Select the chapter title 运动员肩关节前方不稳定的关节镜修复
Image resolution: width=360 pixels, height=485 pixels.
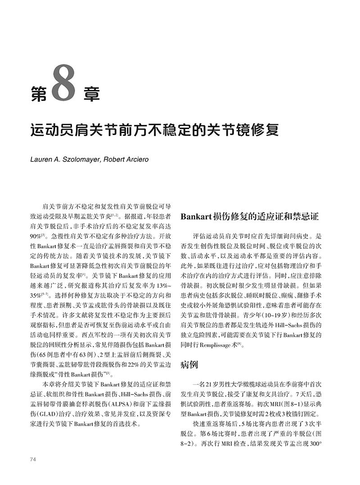point(154,129)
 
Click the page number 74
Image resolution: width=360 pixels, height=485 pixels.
point(32,459)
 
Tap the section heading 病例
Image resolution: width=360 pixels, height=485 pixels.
point(189,364)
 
